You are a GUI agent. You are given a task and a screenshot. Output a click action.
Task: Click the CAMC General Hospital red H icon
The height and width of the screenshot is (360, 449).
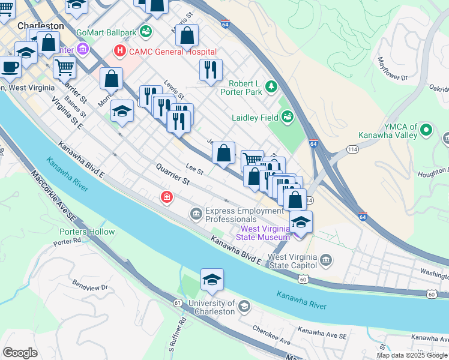pyautogui.click(x=121, y=52)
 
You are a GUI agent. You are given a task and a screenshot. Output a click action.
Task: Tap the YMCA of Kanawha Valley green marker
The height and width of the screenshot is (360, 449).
pyautogui.click(x=426, y=130)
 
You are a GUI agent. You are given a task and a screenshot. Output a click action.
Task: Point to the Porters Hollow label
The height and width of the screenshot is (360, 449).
pyautogui.click(x=87, y=232)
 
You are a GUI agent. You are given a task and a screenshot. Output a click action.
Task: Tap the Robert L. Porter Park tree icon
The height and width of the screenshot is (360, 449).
pyautogui.click(x=271, y=88)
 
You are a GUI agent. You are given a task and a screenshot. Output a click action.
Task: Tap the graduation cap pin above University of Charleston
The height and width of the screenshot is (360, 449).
pyautogui.click(x=212, y=280)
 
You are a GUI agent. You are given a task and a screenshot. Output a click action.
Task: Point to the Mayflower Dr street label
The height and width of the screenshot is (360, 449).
pyautogui.click(x=393, y=69)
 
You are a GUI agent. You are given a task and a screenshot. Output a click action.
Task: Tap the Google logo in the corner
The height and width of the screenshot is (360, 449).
pyautogui.click(x=20, y=353)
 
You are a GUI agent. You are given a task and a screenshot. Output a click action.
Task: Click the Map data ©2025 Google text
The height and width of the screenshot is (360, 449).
pyautogui.click(x=411, y=355)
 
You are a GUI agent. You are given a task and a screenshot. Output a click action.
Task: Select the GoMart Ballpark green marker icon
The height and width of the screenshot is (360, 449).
pyautogui.click(x=146, y=31)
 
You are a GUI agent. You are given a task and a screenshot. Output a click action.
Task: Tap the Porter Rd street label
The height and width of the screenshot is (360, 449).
pyautogui.click(x=67, y=243)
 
